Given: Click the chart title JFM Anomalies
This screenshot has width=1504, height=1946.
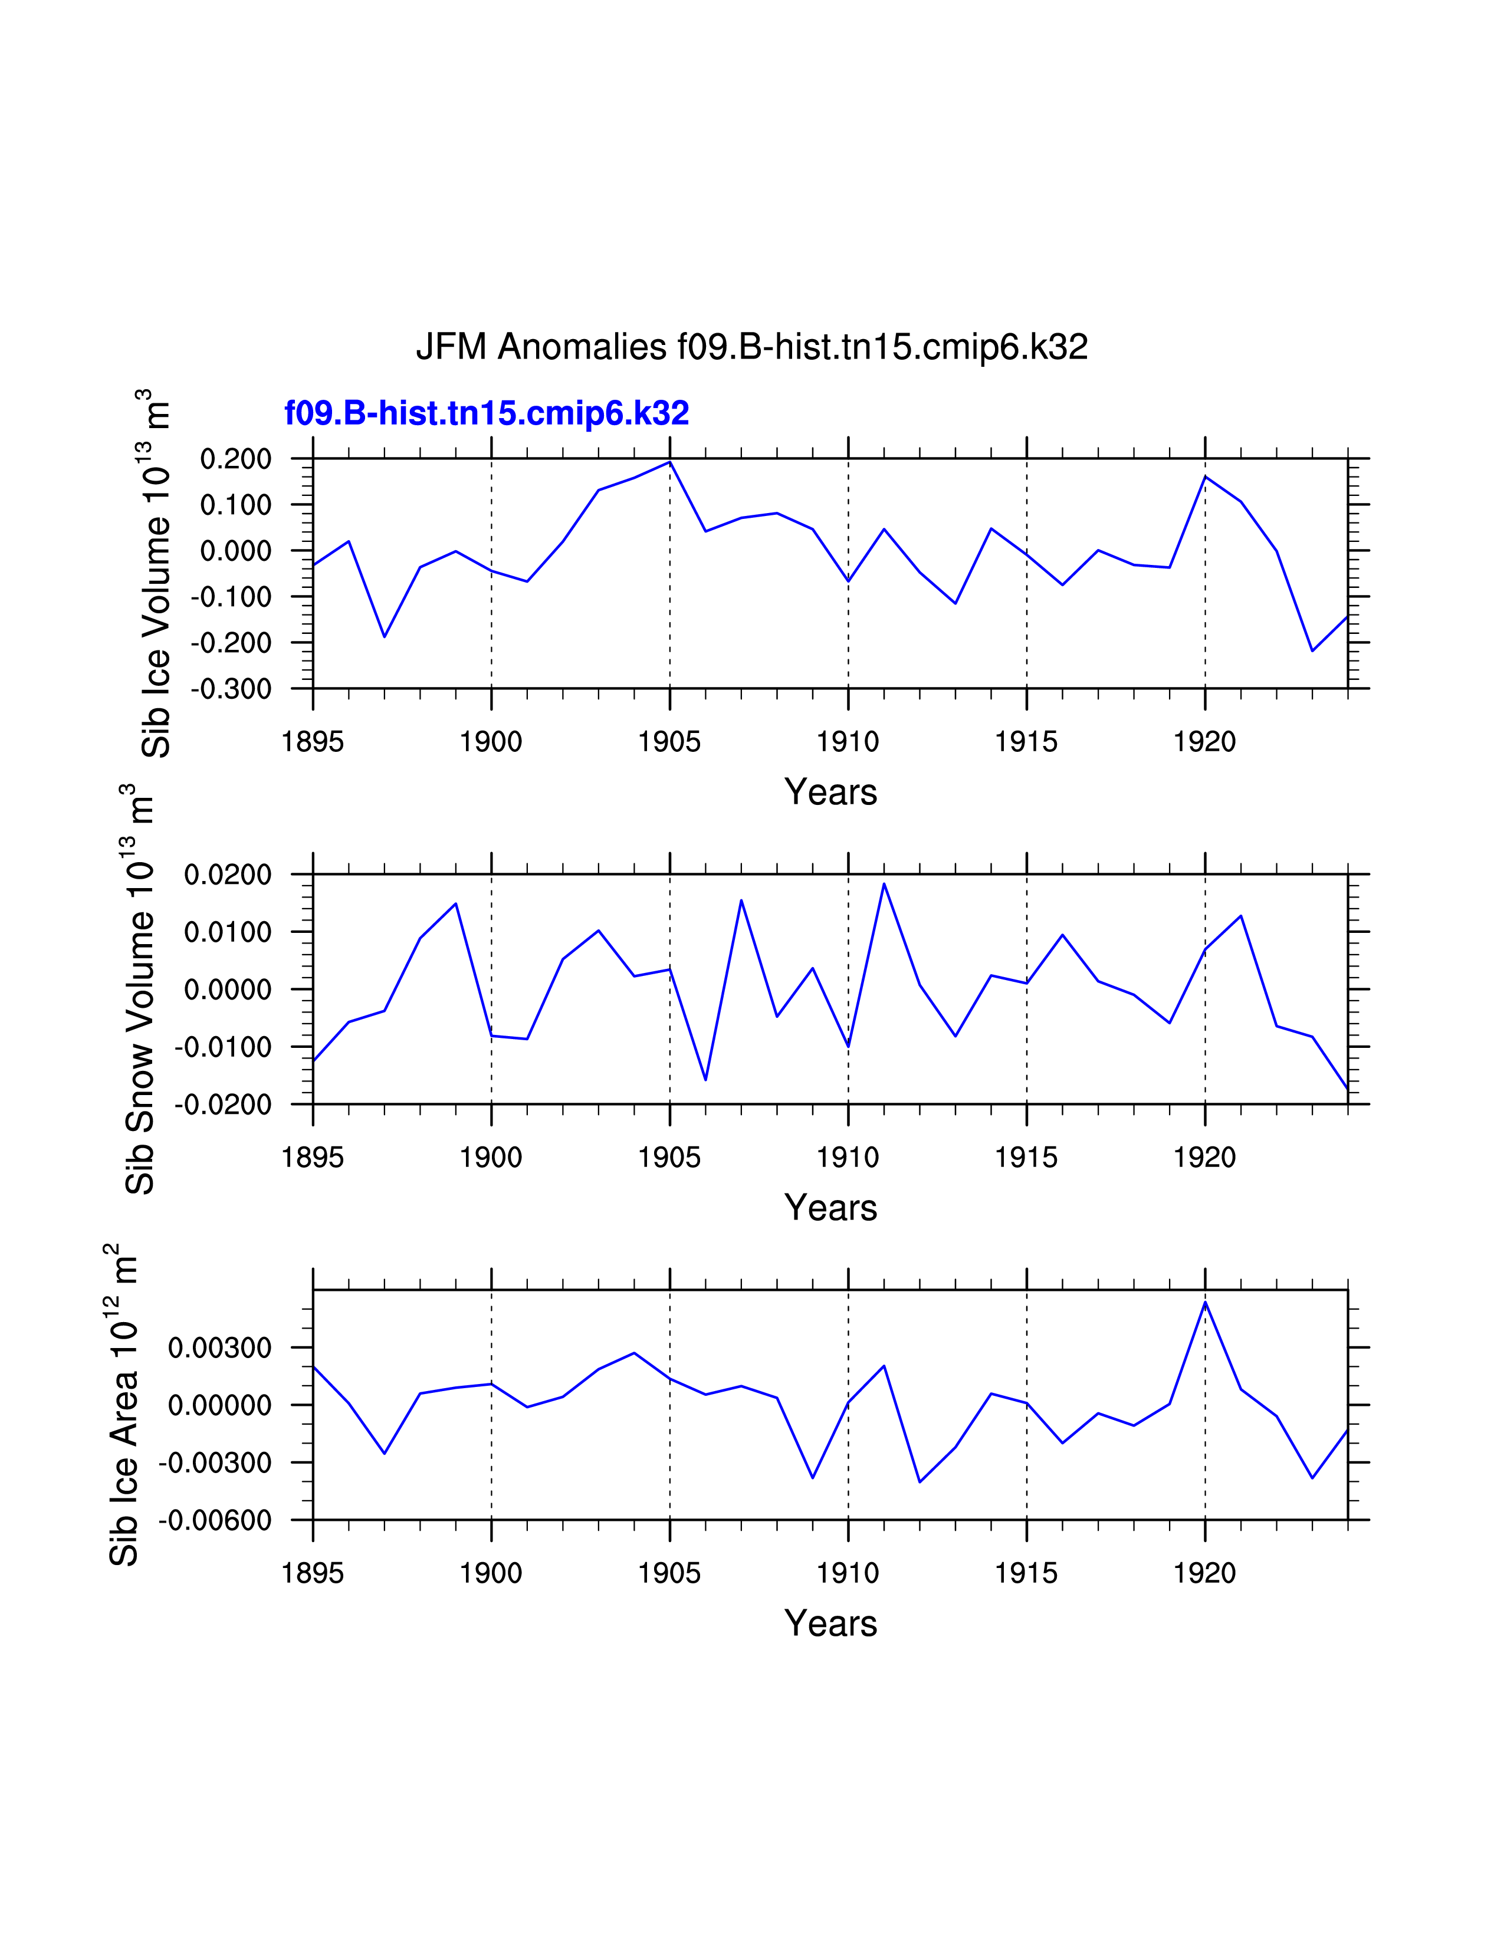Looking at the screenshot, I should pos(751,347).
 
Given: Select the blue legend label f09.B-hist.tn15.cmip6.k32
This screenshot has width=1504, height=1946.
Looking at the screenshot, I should pos(487,413).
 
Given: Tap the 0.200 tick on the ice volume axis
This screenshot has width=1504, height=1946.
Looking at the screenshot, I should pos(235,460).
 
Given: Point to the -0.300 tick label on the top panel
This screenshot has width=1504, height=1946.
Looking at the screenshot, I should pos(230,689).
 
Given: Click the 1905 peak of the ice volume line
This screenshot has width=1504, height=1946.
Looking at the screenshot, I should pos(670,462).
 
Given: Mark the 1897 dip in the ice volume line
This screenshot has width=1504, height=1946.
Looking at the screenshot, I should pos(384,636).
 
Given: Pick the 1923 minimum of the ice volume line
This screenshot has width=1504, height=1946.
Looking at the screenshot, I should pos(1312,650).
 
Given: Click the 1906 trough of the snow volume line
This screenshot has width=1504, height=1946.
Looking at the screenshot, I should pos(705,1080).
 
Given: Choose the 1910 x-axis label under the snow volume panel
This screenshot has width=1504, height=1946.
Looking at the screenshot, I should pos(848,1158).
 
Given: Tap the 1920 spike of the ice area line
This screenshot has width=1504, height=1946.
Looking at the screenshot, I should pos(1204,1303).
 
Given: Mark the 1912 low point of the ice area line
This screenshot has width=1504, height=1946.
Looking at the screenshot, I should pos(920,1482).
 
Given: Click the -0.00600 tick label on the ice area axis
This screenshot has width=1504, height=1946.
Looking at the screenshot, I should pos(215,1520).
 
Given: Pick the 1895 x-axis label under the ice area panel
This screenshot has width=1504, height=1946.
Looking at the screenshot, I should pos(313,1573).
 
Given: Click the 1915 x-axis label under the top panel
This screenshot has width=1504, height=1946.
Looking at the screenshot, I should pos(1026,741).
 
